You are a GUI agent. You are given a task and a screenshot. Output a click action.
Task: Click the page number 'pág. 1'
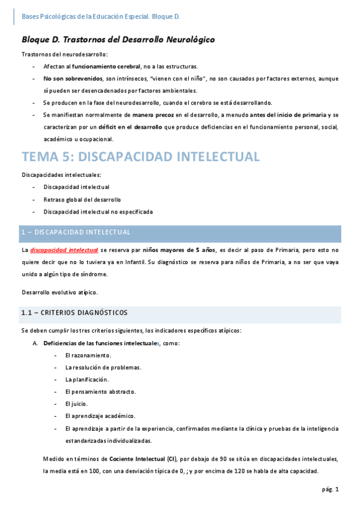pyautogui.click(x=329, y=490)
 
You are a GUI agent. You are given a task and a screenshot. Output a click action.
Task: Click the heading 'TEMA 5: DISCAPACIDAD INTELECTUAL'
pyautogui.click(x=140, y=157)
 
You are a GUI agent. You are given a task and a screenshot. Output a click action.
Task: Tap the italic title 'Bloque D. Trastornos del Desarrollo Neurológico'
pyautogui.click(x=118, y=40)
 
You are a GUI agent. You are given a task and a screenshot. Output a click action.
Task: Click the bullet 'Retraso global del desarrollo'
pyautogui.click(x=82, y=199)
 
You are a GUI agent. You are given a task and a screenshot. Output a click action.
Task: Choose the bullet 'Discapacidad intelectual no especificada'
pyautogui.click(x=98, y=212)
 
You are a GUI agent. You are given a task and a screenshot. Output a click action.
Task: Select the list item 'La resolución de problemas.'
pyautogui.click(x=103, y=367)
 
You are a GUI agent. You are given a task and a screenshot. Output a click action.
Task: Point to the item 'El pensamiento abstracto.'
pyautogui.click(x=100, y=392)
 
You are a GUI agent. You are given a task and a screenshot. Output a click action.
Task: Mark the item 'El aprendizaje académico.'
pyautogui.click(x=100, y=416)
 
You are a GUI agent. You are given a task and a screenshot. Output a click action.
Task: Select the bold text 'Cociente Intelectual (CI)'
pyautogui.click(x=138, y=459)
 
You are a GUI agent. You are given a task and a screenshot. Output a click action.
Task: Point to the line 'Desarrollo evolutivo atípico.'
pyautogui.click(x=59, y=292)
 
